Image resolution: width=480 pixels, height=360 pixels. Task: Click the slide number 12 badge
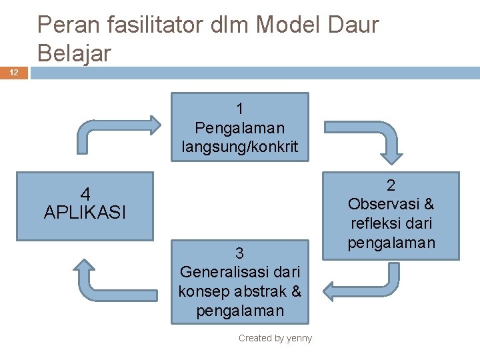tap(15, 72)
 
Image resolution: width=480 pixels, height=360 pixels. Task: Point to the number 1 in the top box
tap(240, 108)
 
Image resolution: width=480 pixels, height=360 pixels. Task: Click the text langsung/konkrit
tap(240, 145)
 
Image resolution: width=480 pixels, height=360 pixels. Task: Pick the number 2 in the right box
tap(391, 185)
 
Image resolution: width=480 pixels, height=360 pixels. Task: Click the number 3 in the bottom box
tap(239, 253)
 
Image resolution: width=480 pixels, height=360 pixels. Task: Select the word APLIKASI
tap(85, 213)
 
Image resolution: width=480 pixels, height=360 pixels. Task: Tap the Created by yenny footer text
tap(275, 338)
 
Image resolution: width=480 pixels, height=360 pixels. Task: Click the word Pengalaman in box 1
tap(240, 127)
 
